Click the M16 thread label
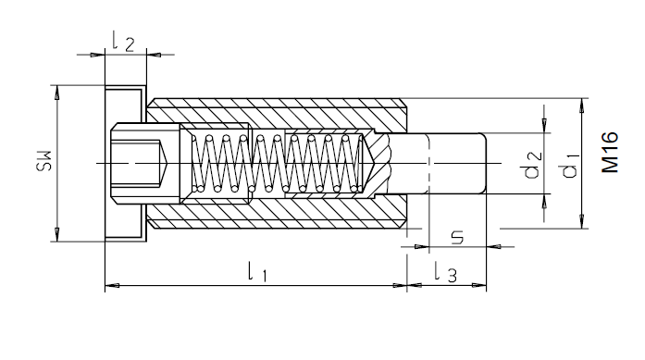click(x=610, y=152)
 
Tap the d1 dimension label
click(x=571, y=166)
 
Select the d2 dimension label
click(x=534, y=165)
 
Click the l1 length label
click(x=257, y=271)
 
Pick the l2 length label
click(x=123, y=42)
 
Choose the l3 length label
click(x=445, y=272)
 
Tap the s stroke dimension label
click(x=457, y=238)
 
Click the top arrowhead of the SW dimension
click(x=56, y=92)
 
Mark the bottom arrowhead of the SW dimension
click(x=56, y=234)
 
